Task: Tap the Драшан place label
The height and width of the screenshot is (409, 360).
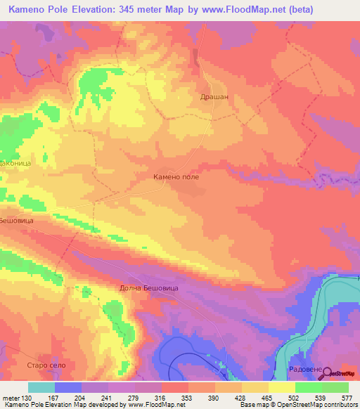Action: coord(215,97)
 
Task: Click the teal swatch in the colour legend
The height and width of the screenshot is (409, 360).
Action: coord(41,387)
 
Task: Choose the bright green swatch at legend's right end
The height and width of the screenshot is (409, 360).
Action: coord(335,387)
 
